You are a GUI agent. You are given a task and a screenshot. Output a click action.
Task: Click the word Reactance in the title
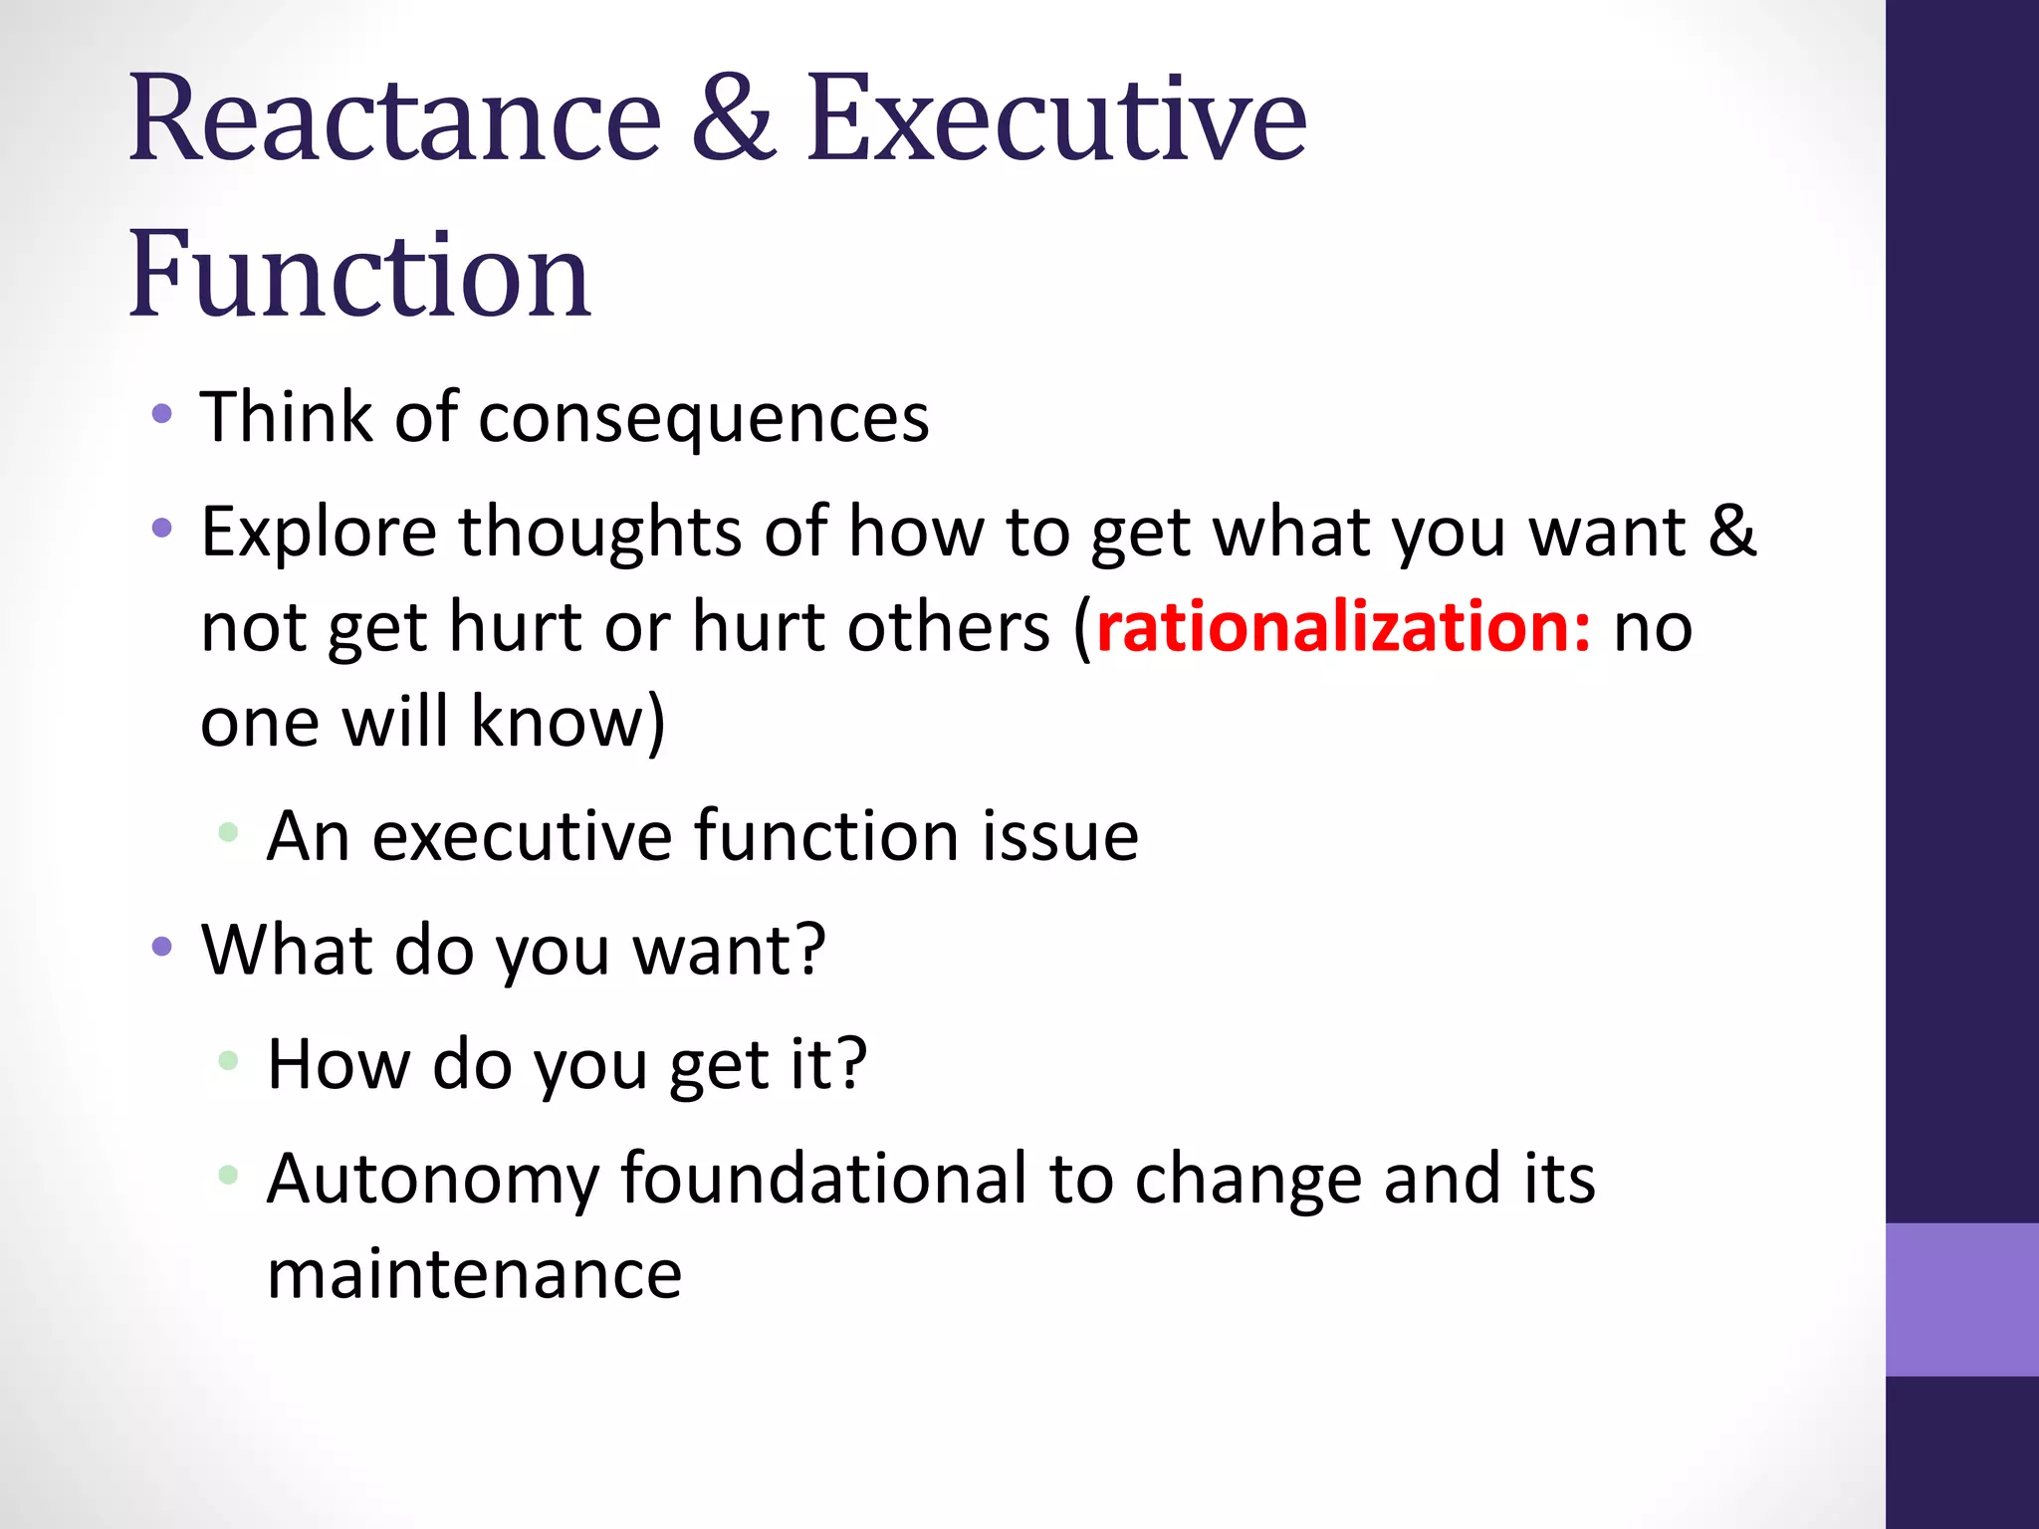pos(394,119)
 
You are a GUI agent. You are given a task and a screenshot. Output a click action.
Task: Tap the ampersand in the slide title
pos(733,119)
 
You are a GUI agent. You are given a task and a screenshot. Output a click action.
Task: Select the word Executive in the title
pos(1055,119)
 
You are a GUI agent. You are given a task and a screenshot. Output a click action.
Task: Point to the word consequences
pos(703,418)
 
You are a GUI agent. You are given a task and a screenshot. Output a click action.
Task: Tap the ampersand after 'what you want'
pos(1732,531)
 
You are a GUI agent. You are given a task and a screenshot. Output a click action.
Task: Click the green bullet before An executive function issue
pos(228,832)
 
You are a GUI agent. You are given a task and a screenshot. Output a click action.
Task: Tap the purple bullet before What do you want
pos(162,946)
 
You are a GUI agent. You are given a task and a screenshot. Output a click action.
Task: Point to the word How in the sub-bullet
pos(339,1064)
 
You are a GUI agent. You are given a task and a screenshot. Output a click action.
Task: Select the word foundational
pos(823,1179)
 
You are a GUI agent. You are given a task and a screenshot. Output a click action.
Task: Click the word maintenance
pos(474,1274)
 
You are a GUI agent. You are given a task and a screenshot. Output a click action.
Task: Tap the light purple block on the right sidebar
pos(1961,1299)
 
